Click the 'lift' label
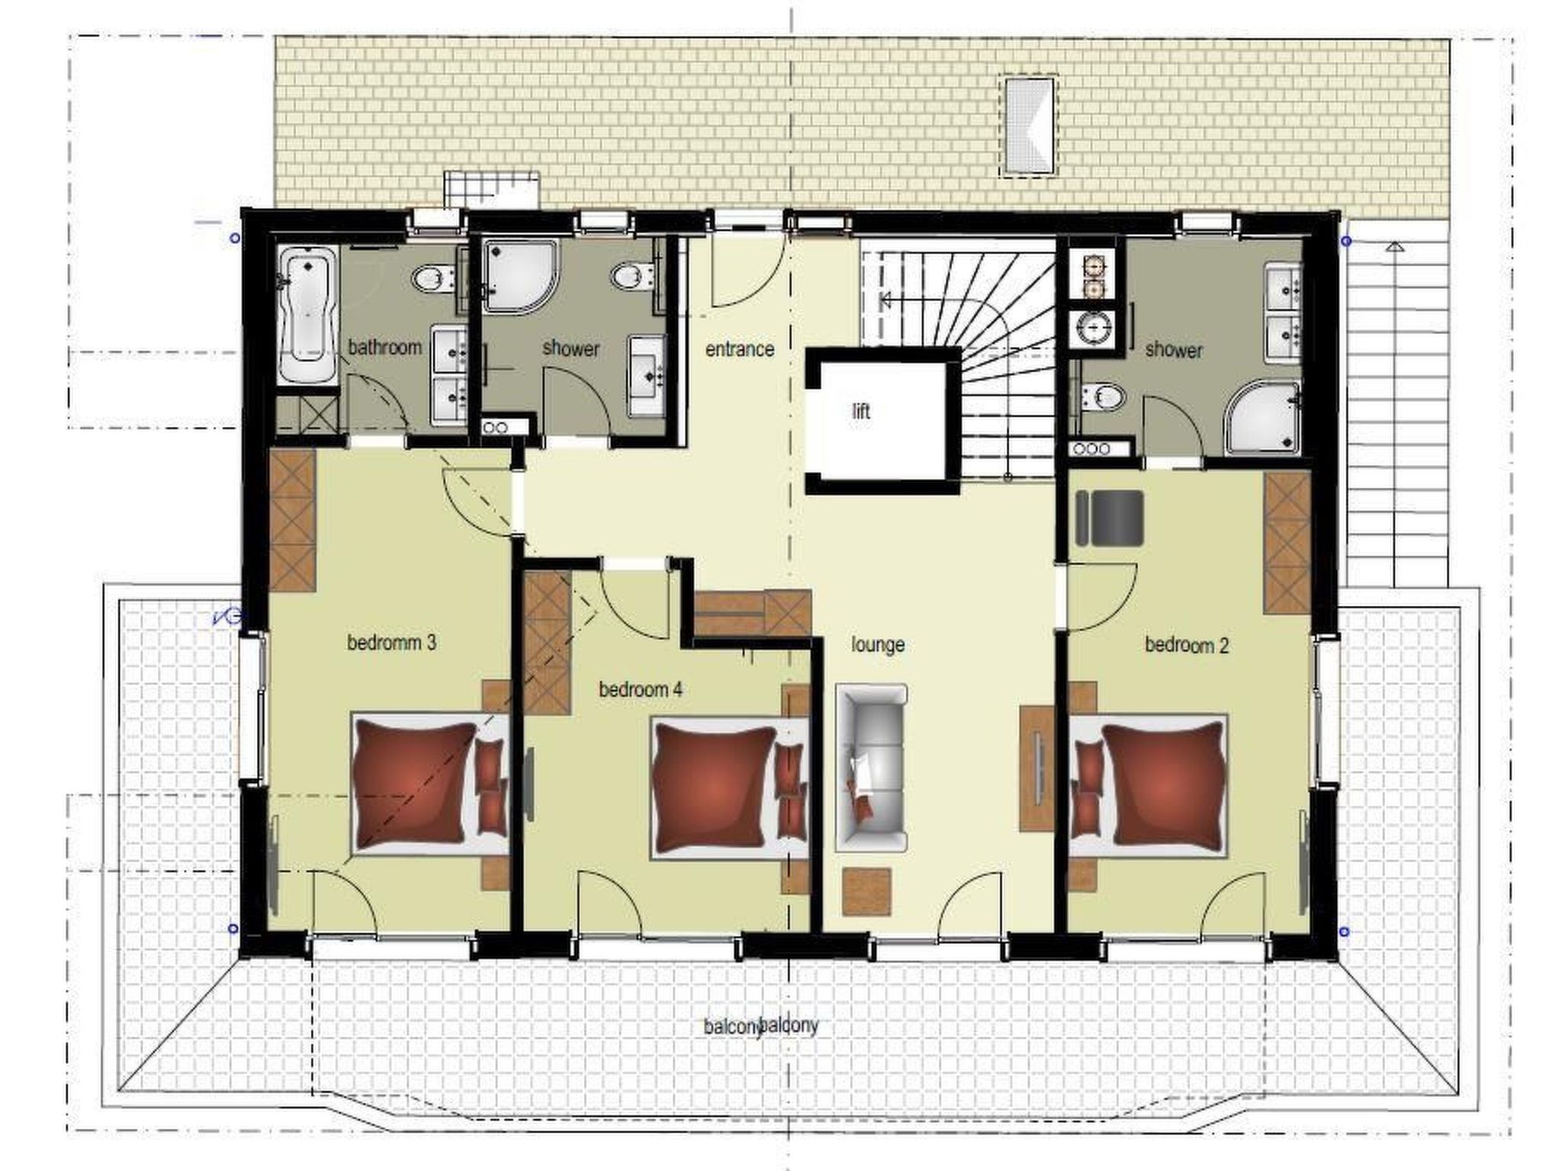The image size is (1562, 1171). pos(860,412)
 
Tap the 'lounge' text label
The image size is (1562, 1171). pos(878,645)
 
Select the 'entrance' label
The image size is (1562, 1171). pos(739,349)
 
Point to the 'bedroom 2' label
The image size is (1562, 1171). pos(1187,645)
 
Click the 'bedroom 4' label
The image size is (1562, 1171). pos(641,690)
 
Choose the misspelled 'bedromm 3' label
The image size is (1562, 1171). pos(391,643)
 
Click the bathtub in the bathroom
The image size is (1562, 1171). pos(307,315)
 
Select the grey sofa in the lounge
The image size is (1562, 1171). pos(872,768)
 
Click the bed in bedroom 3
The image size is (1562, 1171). pos(430,783)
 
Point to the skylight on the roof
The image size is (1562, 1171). pos(1028,125)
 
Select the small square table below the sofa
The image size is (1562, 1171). pos(867,891)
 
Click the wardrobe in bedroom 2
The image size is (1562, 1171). pos(1287,543)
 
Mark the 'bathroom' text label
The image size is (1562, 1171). pos(385,348)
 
